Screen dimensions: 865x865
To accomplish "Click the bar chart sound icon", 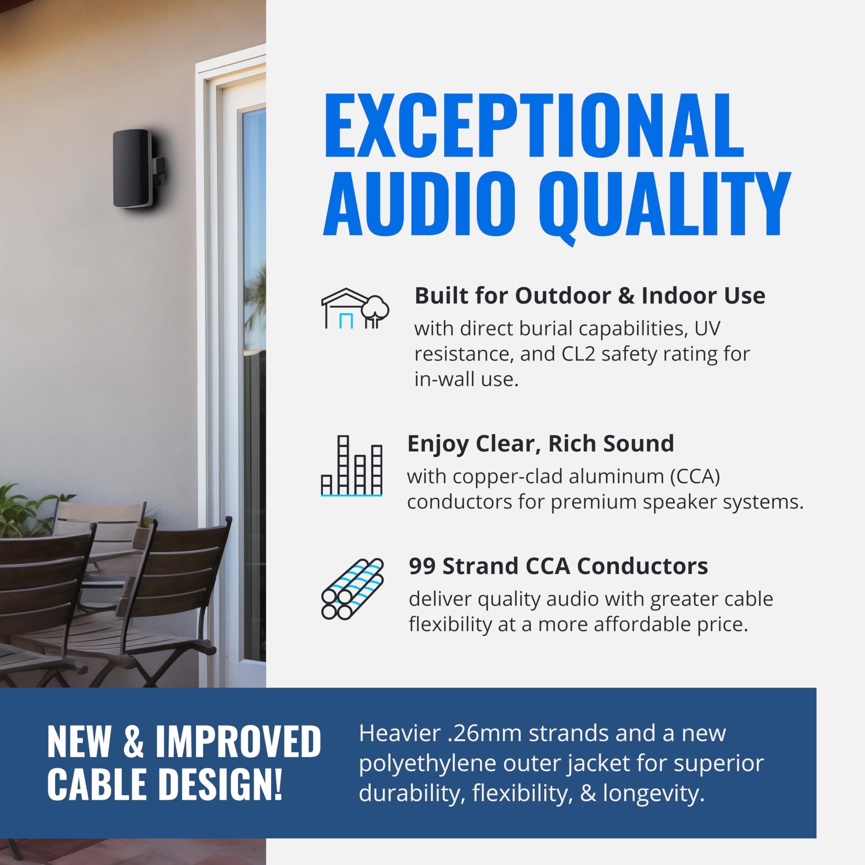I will click(351, 466).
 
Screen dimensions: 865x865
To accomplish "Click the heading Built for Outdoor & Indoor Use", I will click(590, 296).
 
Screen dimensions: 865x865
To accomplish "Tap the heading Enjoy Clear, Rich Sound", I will click(540, 444).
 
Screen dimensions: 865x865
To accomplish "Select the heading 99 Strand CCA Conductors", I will click(558, 566).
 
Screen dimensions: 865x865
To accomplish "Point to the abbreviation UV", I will click(708, 329).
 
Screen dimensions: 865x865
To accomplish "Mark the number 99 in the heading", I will click(422, 566).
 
